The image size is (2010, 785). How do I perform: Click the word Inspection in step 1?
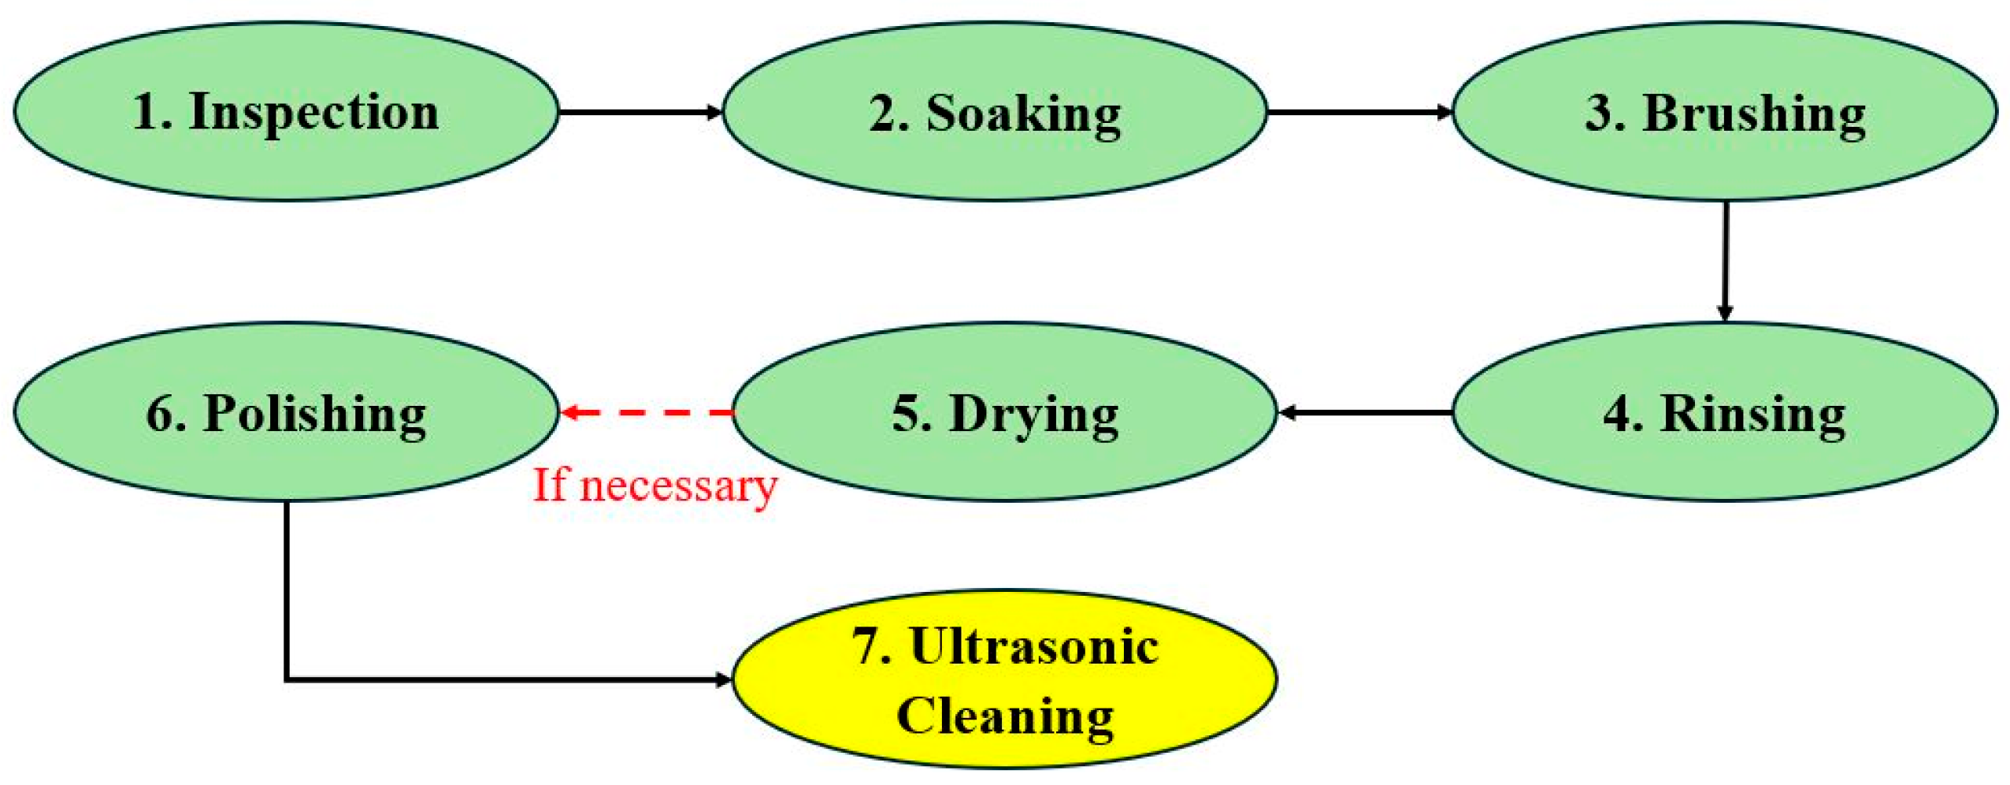(313, 112)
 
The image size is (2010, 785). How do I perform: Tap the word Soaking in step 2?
(1022, 113)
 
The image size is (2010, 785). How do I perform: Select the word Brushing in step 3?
(1753, 113)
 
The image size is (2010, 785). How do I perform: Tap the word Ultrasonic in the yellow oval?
(1033, 646)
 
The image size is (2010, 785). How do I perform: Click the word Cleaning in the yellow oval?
(1005, 716)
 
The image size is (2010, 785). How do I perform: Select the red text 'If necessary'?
(655, 486)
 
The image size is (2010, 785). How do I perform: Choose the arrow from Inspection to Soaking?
(638, 112)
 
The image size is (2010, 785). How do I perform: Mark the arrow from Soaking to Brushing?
(1359, 112)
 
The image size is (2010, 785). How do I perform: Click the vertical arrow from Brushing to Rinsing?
(1725, 260)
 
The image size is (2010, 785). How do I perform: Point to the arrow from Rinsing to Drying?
(1366, 411)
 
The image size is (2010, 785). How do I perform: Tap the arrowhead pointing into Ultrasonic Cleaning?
(723, 679)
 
